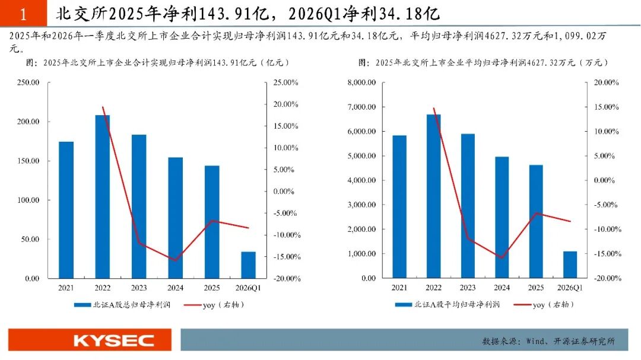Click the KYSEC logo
pos(113,340)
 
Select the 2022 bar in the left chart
pos(103,196)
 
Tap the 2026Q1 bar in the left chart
pos(248,265)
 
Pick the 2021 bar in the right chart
pos(399,207)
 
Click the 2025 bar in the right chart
pos(536,221)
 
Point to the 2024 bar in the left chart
pos(175,218)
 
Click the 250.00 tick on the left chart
pos(28,82)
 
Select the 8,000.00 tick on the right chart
pos(361,82)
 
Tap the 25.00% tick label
pos(285,82)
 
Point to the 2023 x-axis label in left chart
pos(139,288)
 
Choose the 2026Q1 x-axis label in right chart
pos(570,288)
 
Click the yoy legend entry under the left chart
pos(214,305)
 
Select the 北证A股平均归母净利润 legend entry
pos(448,304)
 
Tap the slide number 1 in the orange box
pos(23,14)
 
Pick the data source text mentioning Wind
pos(548,341)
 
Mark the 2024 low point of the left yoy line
pos(175,260)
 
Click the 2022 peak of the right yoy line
pos(434,109)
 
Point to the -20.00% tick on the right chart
pos(608,278)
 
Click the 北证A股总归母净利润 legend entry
pos(122,305)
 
